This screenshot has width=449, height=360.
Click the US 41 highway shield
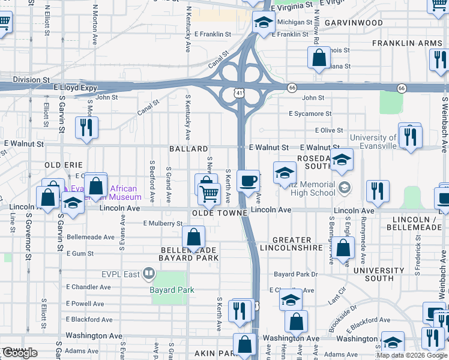tap(240, 94)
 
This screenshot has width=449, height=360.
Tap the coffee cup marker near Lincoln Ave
tap(248, 180)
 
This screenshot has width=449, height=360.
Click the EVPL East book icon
tap(148, 275)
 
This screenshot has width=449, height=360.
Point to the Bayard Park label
tap(172, 290)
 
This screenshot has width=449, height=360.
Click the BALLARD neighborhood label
tap(188, 148)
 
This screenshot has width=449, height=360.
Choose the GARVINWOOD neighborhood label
tap(354, 23)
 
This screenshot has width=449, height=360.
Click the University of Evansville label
tap(373, 142)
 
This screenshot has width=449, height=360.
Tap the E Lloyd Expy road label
tap(75, 88)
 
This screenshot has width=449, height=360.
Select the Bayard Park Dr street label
tap(295, 274)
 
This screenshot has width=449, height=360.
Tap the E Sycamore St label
tap(310, 113)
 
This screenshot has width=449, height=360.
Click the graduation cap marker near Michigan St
tap(263, 23)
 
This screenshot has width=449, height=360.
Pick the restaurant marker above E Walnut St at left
tap(86, 127)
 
